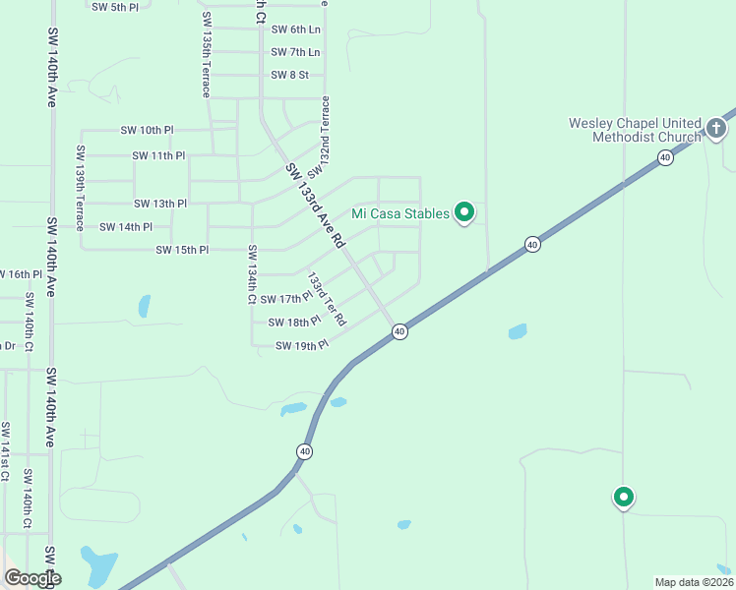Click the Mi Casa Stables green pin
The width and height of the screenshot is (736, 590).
[x=466, y=211]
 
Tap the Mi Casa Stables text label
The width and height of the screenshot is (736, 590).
[x=401, y=213]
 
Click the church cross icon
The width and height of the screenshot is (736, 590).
[x=715, y=128]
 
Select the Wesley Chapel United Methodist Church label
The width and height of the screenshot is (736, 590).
[x=635, y=130]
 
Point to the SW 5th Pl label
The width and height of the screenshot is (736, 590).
[x=114, y=7]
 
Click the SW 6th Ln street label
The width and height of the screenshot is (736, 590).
[x=295, y=29]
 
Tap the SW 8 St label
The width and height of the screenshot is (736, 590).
[x=289, y=75]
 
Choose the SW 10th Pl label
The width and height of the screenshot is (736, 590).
[x=147, y=130]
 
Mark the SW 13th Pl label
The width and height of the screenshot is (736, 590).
[x=160, y=204]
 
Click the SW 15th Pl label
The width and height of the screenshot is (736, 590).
[x=182, y=250]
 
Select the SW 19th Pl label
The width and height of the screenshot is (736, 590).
[x=301, y=346]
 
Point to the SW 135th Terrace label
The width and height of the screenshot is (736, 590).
[x=207, y=55]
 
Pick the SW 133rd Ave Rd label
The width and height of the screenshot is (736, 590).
[x=315, y=205]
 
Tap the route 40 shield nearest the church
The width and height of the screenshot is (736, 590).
[x=666, y=157]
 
